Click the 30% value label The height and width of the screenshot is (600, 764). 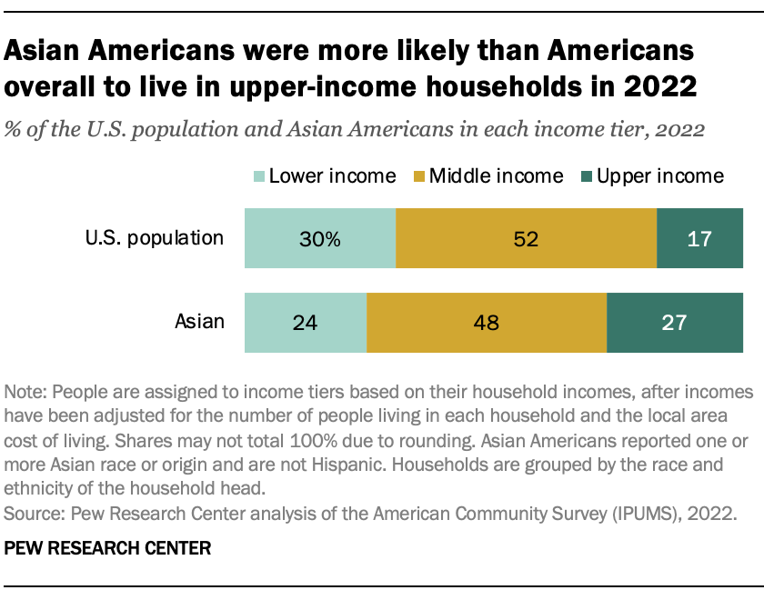click(321, 240)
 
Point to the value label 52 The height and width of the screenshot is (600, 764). click(526, 240)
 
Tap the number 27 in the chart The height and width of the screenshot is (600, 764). click(674, 323)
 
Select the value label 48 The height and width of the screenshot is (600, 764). click(487, 323)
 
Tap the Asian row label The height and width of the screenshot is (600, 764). click(199, 321)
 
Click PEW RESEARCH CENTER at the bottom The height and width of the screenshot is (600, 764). click(108, 548)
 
